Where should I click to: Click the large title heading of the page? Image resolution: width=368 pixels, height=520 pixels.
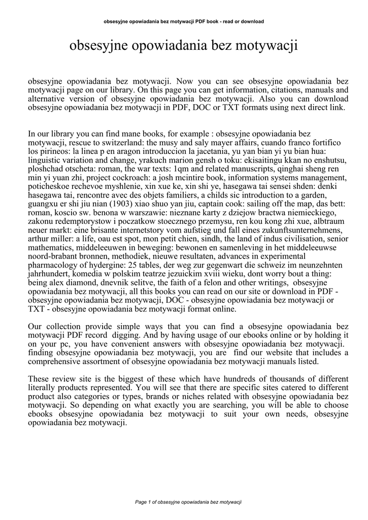[183, 46]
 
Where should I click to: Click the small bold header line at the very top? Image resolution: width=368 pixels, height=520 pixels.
[184, 21]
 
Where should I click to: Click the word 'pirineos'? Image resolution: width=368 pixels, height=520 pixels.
[52, 152]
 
